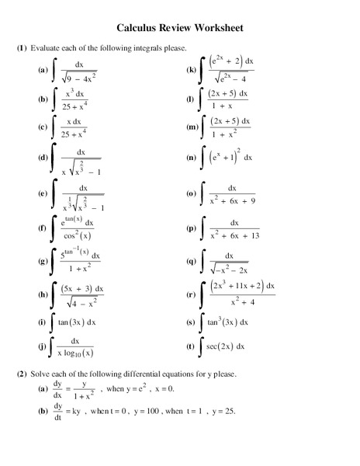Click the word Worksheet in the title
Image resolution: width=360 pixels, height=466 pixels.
point(214,28)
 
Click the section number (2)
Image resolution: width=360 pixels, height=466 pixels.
point(22,374)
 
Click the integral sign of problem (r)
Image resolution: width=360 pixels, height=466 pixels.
point(202,294)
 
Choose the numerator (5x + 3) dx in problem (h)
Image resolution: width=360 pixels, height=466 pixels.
point(81,289)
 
